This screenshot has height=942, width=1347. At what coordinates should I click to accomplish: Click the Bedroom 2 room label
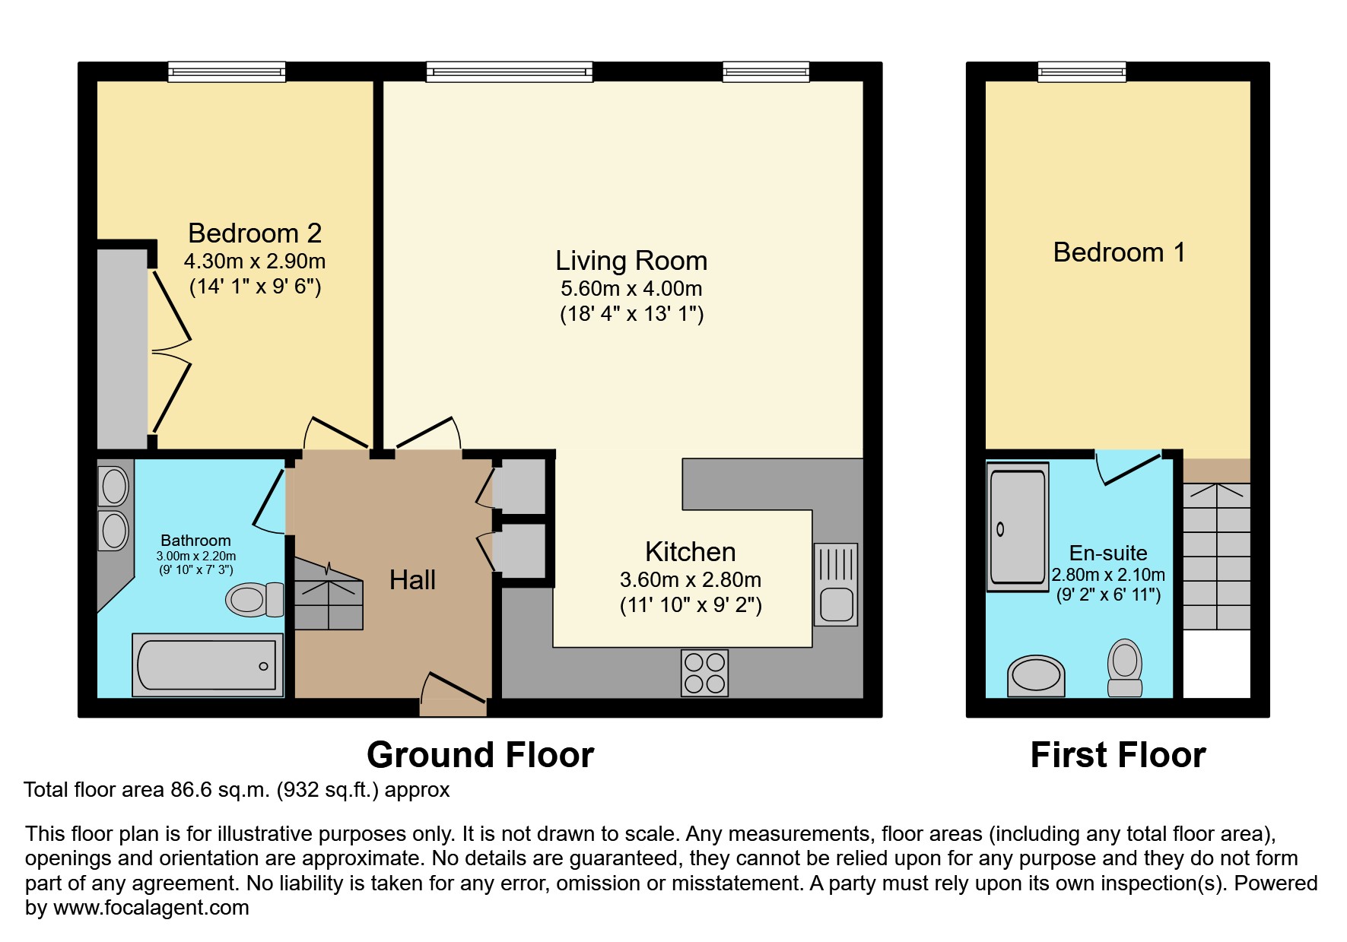(255, 233)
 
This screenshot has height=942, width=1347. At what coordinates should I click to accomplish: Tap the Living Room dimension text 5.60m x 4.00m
(631, 289)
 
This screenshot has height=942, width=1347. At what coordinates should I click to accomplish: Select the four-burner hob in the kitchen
(704, 673)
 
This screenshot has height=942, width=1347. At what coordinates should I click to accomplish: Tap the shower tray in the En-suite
(1018, 527)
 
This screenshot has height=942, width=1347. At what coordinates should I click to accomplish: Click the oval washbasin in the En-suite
(1036, 676)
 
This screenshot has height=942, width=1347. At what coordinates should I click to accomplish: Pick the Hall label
(412, 580)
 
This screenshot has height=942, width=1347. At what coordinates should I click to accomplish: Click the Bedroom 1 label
(1119, 252)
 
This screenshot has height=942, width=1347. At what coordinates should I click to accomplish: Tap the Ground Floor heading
(480, 755)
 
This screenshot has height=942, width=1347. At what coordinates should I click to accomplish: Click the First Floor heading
(1118, 755)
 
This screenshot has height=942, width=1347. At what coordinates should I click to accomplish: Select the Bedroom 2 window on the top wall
(227, 72)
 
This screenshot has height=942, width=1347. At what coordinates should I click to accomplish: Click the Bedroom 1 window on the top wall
(1082, 72)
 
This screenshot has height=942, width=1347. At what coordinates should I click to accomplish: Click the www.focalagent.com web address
(151, 908)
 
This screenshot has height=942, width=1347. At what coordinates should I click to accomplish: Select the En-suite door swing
(1128, 467)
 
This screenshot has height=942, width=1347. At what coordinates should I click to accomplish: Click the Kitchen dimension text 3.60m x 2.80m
(691, 580)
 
